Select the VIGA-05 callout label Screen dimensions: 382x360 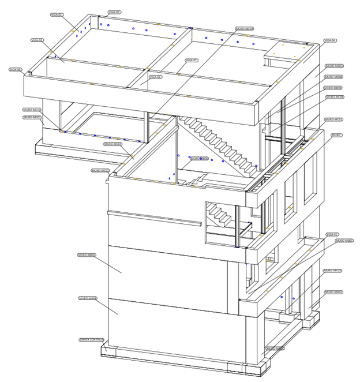114,12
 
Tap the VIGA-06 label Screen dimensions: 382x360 37,40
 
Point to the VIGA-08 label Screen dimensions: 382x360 15,69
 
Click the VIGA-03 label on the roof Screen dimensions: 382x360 155,77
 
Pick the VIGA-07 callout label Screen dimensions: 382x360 192,60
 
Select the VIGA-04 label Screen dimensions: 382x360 329,40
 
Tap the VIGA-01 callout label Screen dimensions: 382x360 331,234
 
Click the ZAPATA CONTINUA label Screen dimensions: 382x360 91,340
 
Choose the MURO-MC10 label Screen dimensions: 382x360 32,110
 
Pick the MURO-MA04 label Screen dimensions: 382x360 87,298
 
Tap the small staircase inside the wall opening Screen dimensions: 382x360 219,215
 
